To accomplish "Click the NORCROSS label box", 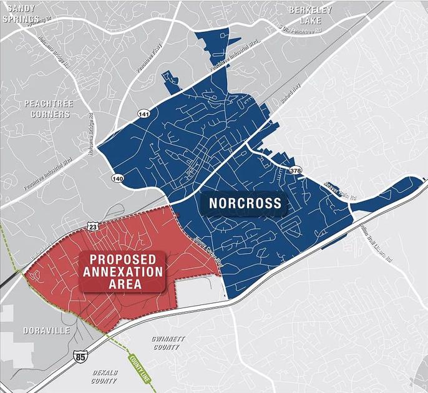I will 245,203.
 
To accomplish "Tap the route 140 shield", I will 118,178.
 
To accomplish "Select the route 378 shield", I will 295,170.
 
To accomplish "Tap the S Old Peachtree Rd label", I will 300,29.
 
